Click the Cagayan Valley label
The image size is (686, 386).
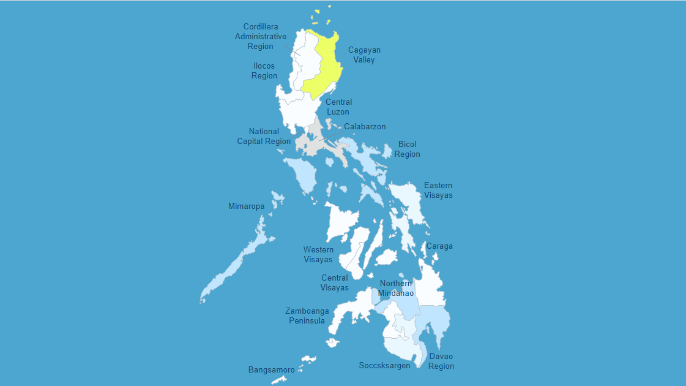(364, 55)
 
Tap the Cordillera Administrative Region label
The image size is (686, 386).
(261, 37)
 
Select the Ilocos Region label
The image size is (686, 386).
(264, 71)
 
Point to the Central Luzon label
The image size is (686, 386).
(338, 107)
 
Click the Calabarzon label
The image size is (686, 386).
(365, 127)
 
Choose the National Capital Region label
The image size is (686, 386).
(264, 137)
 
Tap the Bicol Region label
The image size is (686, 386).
(407, 149)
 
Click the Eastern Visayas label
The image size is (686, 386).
(438, 191)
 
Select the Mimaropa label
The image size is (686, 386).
(247, 206)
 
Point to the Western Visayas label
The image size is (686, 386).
(318, 255)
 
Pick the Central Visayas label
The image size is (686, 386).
(335, 283)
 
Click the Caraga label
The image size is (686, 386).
(439, 246)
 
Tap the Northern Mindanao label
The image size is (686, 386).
(395, 289)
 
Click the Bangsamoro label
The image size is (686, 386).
(271, 370)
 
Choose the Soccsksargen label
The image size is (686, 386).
(384, 366)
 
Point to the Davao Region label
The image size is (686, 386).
(441, 361)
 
